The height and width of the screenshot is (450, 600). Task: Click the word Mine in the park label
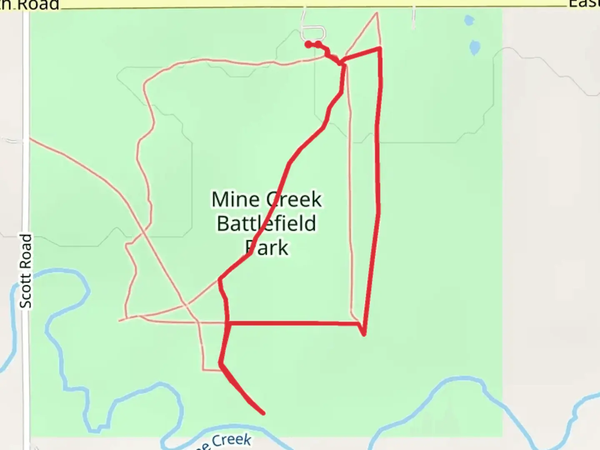coord(236,200)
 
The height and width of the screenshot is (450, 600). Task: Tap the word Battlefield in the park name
coord(267,224)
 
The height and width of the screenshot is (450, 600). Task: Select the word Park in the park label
coord(267,248)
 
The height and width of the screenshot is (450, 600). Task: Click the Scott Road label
coord(26,271)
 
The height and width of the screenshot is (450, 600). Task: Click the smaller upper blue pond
coord(469,20)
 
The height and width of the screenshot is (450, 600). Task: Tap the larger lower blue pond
coord(475,47)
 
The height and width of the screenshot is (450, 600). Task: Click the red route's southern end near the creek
coord(263,413)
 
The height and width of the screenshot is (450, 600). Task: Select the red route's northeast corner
coord(380,49)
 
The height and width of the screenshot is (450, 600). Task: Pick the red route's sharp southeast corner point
coord(364,334)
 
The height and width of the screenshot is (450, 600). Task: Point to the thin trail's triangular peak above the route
coord(377,13)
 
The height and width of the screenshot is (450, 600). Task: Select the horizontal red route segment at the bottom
coord(292,323)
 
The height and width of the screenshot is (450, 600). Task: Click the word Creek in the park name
coord(294,200)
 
